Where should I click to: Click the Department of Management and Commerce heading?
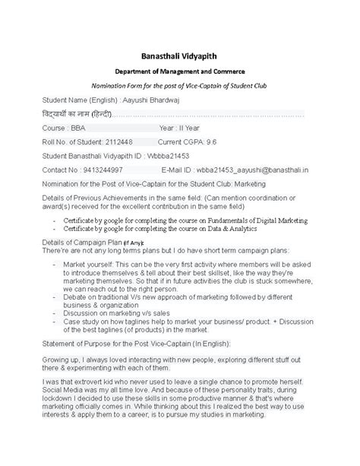tap(179, 71)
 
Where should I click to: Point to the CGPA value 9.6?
tap(213, 141)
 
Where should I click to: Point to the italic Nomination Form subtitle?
tap(179, 86)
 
